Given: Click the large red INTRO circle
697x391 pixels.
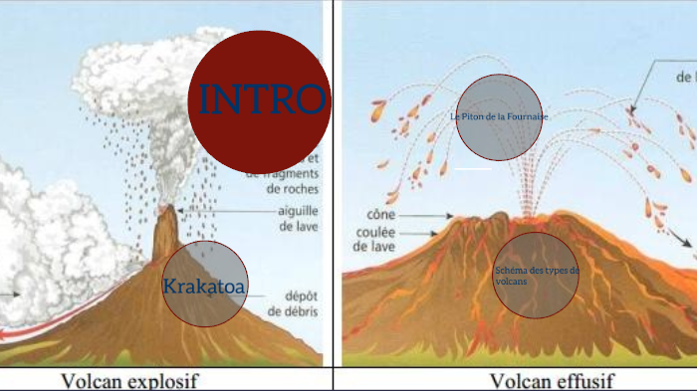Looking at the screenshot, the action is coord(259,99).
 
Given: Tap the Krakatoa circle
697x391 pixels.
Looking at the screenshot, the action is coord(204,285).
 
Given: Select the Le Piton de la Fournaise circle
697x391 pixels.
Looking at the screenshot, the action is coord(499,117).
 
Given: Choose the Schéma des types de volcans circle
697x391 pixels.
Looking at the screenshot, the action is coord(536,276).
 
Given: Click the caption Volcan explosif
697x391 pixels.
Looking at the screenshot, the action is coord(130,380).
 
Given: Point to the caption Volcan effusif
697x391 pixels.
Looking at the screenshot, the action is coord(552,380).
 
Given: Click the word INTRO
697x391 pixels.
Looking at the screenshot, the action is coord(262,98).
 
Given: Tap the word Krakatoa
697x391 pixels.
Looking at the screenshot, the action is coord(203,288).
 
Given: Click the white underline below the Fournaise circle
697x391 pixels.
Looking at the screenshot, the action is coord(472,169).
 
